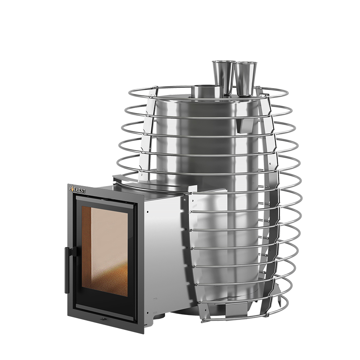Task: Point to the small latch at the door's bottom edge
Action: coord(103,319)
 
